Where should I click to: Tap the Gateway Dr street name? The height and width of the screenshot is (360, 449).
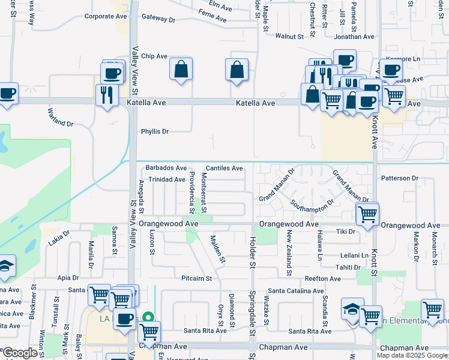(158, 19)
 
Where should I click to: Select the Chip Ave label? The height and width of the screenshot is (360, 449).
(154, 56)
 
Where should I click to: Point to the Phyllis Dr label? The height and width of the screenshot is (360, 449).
(155, 131)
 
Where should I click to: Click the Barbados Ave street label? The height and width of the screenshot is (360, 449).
(166, 168)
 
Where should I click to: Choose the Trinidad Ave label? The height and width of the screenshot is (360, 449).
(167, 179)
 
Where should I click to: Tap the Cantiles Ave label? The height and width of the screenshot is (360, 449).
(224, 168)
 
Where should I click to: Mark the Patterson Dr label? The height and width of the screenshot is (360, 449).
(399, 178)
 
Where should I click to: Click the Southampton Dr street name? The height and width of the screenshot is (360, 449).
(312, 206)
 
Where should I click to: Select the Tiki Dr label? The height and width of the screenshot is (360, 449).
(346, 231)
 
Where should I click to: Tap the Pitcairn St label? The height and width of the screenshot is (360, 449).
(196, 278)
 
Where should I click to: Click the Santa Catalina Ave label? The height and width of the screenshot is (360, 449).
(296, 290)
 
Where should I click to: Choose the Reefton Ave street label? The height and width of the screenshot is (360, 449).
(323, 278)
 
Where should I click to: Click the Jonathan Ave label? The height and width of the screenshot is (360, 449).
(354, 37)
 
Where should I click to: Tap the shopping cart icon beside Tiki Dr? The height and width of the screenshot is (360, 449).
(367, 212)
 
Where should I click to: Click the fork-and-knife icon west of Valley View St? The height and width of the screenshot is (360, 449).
(106, 94)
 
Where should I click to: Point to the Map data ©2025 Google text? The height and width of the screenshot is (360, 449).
(412, 355)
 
